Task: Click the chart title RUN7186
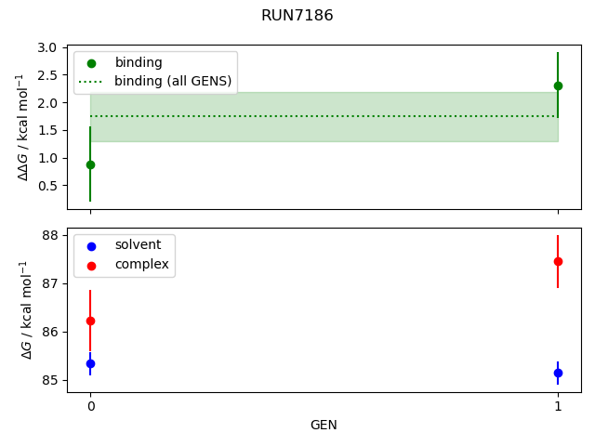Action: tap(297, 16)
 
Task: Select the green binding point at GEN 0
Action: tap(90, 164)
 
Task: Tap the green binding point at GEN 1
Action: tap(558, 85)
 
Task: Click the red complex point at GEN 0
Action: tap(90, 321)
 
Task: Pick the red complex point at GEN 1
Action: tap(558, 261)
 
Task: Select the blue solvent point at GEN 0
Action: tap(90, 363)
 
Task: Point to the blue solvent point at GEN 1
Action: tap(558, 373)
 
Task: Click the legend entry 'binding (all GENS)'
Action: tap(173, 81)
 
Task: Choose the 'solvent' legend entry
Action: tap(138, 244)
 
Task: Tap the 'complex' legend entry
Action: tap(141, 264)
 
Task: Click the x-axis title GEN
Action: tap(324, 425)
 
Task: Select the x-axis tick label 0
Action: tap(90, 406)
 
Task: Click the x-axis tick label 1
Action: tap(558, 406)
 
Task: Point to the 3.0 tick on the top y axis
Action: tap(48, 47)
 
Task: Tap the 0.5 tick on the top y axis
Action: tap(48, 186)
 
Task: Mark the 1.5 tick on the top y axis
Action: tap(48, 130)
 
